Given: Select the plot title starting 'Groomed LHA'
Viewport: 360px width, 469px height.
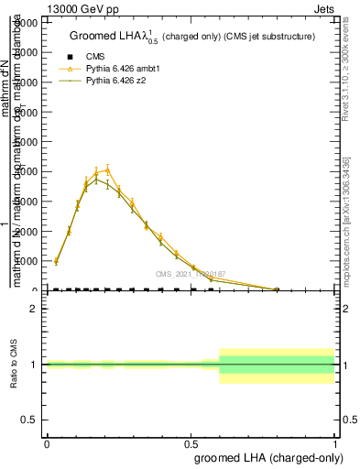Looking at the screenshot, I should (192, 37).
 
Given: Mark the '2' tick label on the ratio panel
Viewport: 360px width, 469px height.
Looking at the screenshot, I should (34, 309).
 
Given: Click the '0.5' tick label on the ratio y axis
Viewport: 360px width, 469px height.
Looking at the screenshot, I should (28, 420).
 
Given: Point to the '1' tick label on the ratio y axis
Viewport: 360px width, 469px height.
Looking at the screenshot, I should (34, 365).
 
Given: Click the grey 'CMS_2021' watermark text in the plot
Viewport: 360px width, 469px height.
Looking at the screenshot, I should (190, 274).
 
